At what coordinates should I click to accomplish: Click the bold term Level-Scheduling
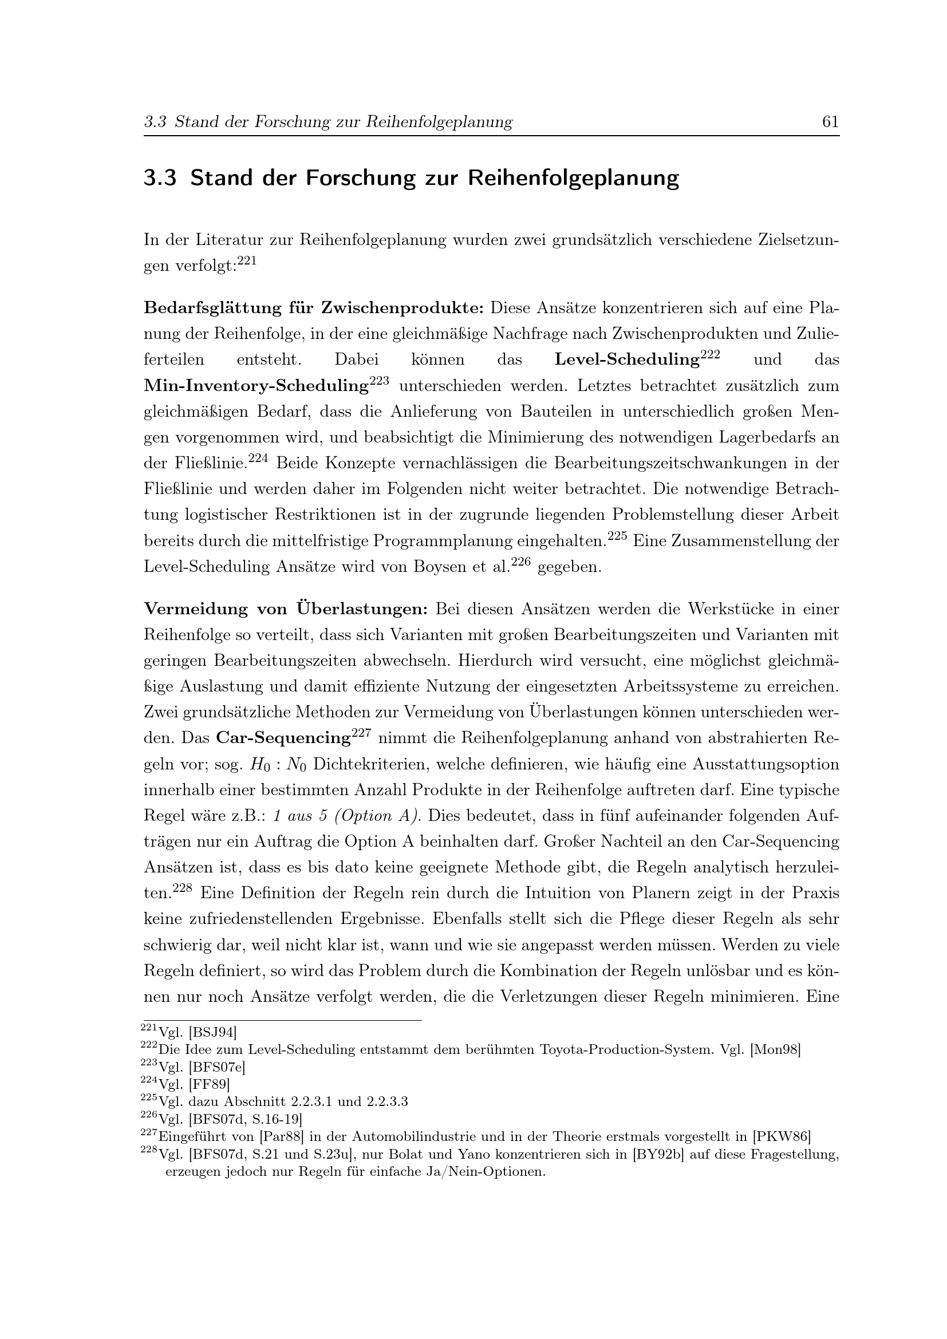(x=627, y=360)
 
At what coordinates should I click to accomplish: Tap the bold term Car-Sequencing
(x=283, y=738)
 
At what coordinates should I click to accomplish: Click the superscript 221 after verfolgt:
(x=247, y=261)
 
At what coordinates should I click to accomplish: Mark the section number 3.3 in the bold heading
(x=160, y=178)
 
